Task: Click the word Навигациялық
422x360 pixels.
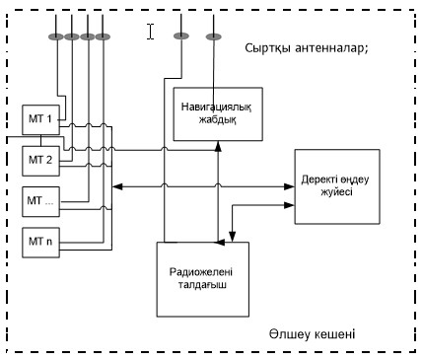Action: point(216,108)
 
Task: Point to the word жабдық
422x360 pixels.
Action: point(217,120)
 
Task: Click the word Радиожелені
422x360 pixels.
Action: point(201,272)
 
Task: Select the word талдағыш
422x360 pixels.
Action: point(202,285)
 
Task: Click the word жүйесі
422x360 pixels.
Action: point(336,191)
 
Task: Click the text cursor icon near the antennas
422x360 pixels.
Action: point(150,32)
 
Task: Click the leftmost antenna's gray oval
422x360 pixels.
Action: point(56,36)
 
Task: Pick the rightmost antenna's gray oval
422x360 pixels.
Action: point(214,36)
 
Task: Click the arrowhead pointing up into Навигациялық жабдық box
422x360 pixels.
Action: point(218,146)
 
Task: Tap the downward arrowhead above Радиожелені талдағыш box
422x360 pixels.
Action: point(233,236)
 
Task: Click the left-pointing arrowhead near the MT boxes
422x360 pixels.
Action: point(117,186)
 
